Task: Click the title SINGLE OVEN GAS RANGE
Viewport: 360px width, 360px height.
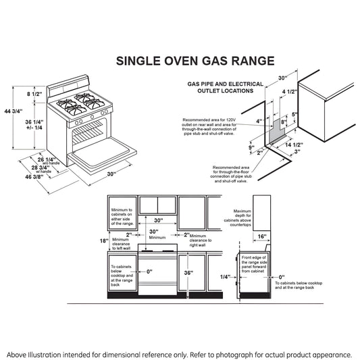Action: point(195,61)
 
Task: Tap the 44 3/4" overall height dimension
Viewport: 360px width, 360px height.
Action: point(14,111)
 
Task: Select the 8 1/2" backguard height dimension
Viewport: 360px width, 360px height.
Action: point(34,94)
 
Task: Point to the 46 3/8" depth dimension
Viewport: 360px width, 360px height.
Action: point(34,177)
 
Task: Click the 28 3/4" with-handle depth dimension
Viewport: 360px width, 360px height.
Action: point(41,168)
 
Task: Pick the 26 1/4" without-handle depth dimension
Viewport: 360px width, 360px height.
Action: point(47,159)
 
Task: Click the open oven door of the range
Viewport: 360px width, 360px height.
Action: point(103,155)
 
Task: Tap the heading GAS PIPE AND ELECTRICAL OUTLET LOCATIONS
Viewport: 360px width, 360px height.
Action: point(225,88)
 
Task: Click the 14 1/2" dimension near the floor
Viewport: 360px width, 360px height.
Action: point(294,145)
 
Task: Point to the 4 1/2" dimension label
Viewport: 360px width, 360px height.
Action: point(290,92)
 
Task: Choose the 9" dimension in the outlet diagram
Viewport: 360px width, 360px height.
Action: point(252,147)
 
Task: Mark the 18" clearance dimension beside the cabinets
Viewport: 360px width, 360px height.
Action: point(104,241)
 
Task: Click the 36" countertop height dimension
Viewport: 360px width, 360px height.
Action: point(188,273)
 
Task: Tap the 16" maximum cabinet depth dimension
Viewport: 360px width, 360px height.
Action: point(262,236)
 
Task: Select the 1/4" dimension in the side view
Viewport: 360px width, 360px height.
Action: point(225,277)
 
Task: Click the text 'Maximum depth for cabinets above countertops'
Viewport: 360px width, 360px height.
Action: point(238,218)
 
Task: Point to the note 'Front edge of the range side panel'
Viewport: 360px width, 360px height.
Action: point(254,264)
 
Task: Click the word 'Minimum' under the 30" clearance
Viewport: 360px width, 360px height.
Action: point(157,238)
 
